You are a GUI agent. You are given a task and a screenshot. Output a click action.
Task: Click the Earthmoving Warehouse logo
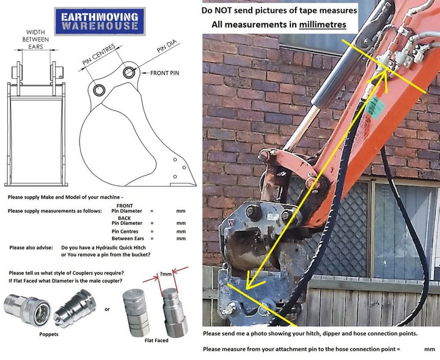(100, 21)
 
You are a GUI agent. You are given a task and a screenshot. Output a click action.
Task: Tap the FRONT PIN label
(164, 73)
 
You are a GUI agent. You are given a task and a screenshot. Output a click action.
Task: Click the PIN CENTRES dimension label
(99, 55)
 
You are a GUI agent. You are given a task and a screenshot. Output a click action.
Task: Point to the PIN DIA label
(167, 46)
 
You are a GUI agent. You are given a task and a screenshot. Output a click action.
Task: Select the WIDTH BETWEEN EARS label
(35, 39)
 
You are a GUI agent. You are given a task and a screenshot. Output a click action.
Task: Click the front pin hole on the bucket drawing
(128, 72)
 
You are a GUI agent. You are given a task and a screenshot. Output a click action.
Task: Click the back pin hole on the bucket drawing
(99, 90)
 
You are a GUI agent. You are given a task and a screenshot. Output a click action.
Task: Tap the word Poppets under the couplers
(49, 334)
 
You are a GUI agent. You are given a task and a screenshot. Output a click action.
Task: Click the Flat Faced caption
(156, 340)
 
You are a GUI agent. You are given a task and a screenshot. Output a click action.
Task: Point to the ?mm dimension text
(166, 274)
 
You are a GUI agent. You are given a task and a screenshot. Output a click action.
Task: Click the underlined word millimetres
(323, 24)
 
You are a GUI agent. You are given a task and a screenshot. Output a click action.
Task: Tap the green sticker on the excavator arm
(375, 106)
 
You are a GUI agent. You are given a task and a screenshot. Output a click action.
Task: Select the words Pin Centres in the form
(125, 232)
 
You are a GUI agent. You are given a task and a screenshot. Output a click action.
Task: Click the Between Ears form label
(128, 238)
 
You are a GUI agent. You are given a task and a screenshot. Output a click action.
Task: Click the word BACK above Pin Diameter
(124, 218)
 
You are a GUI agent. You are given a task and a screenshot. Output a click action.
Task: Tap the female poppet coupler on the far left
(28, 310)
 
